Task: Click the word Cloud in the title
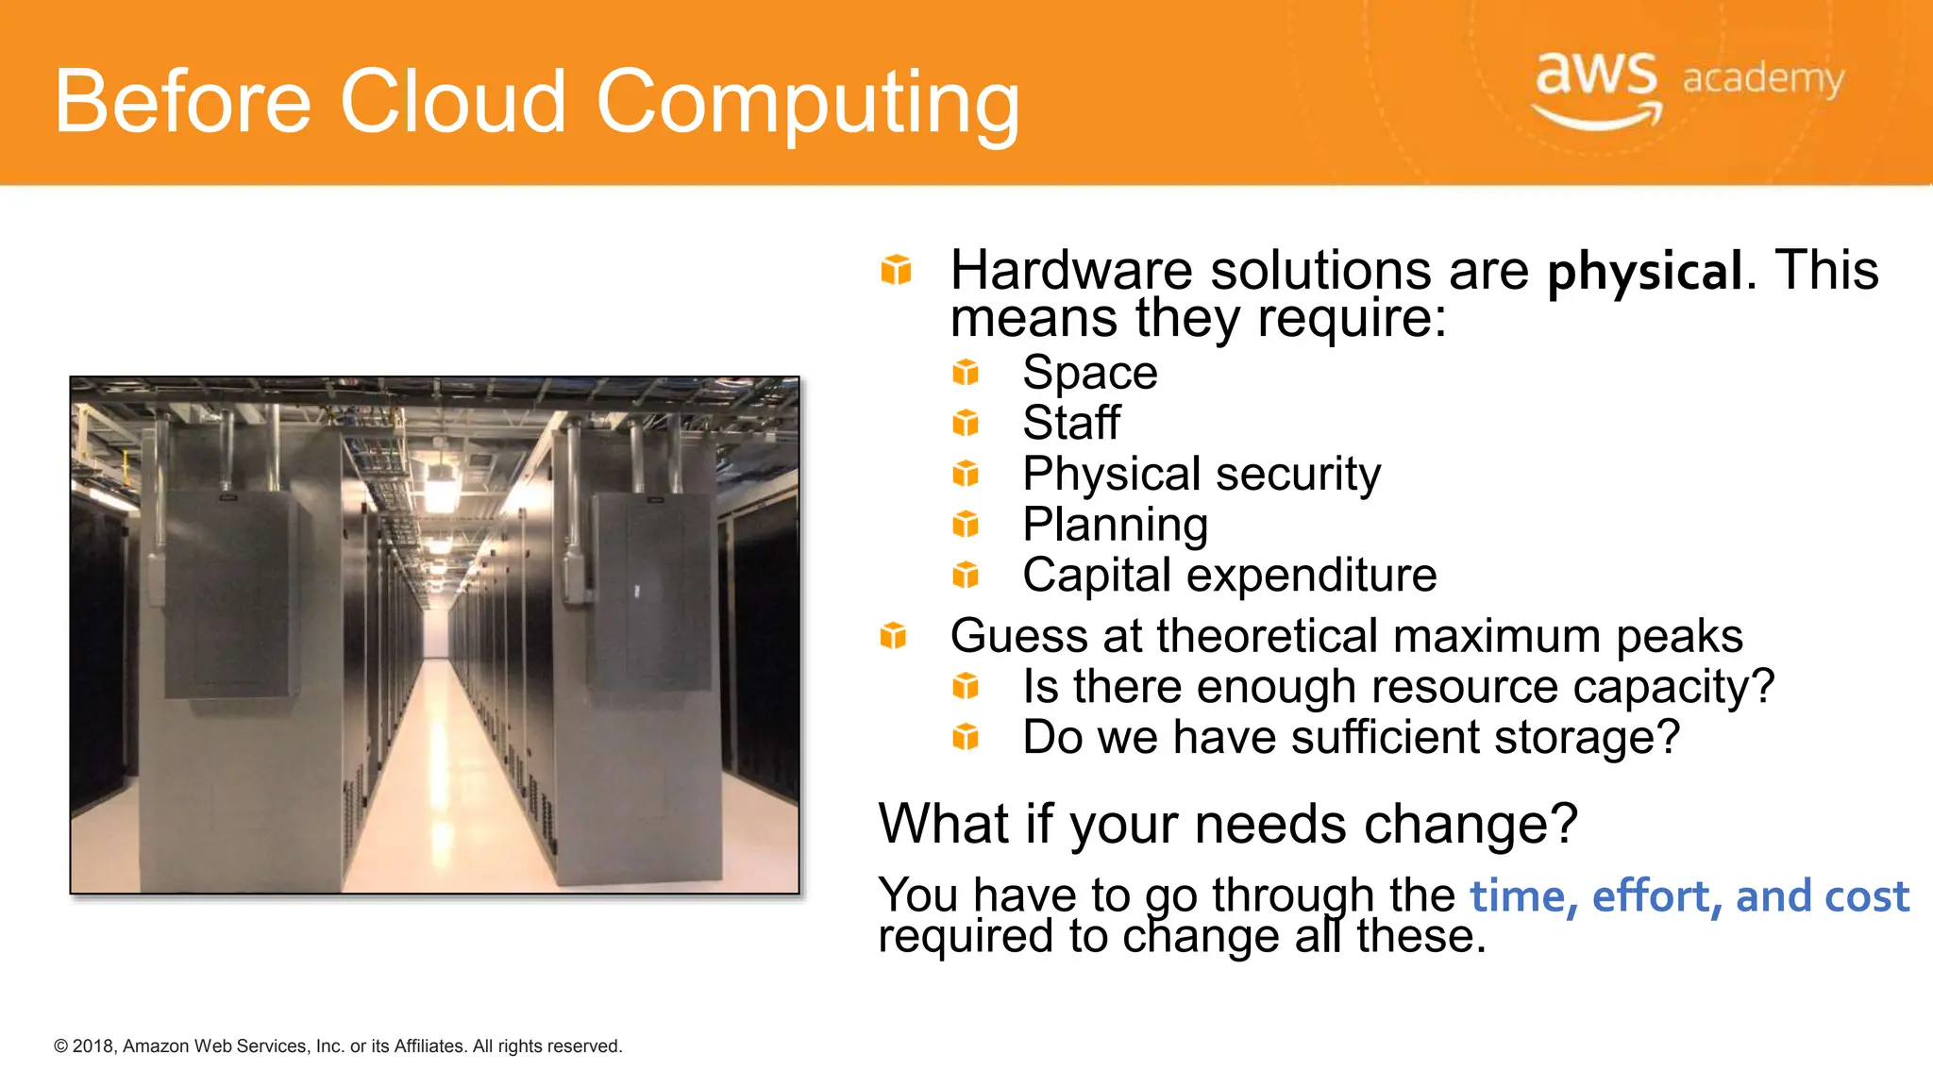(x=452, y=101)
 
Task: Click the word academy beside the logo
(x=1762, y=78)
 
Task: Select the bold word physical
(x=1644, y=272)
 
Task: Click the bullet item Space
(x=1089, y=373)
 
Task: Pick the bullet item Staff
(x=1071, y=423)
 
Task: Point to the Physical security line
(x=1201, y=474)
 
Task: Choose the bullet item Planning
(x=1115, y=525)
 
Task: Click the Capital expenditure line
(x=1229, y=575)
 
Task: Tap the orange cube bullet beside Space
(x=966, y=373)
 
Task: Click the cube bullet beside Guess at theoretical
(x=893, y=636)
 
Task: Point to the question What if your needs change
(x=1227, y=824)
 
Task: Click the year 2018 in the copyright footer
(x=93, y=1046)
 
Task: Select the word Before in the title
(x=182, y=101)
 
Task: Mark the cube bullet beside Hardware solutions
(x=896, y=270)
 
